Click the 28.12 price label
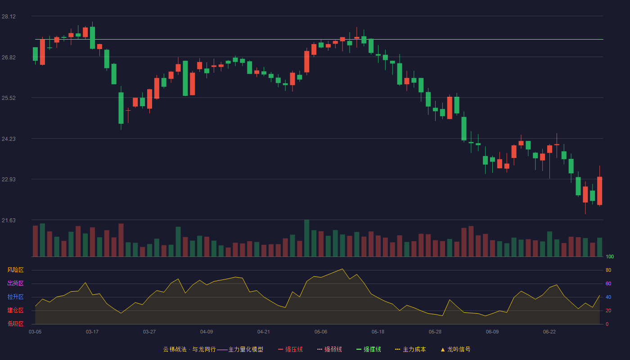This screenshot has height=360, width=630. tap(9, 17)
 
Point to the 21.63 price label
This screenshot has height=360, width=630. tap(9, 220)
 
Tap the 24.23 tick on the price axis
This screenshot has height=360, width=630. tap(9, 139)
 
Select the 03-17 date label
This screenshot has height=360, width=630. tap(92, 332)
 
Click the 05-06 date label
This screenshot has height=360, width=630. tap(321, 332)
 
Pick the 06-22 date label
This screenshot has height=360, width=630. tap(549, 332)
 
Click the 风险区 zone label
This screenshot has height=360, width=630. tap(15, 270)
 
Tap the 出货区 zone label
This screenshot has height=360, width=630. tap(15, 283)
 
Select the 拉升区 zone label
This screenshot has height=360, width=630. tap(15, 297)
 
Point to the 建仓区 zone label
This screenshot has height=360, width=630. tap(15, 310)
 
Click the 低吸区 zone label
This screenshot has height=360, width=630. tap(15, 324)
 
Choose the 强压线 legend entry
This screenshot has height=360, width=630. tap(290, 349)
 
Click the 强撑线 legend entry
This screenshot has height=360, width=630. tap(369, 349)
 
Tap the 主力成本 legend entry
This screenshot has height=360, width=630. tap(410, 349)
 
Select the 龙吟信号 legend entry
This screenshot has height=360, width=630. tap(455, 349)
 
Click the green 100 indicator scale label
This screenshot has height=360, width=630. tap(610, 256)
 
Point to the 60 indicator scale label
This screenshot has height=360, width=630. tap(608, 283)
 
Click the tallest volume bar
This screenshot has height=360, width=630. tap(306, 238)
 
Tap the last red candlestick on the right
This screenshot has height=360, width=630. tap(599, 191)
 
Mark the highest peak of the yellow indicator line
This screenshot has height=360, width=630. tap(342, 269)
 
